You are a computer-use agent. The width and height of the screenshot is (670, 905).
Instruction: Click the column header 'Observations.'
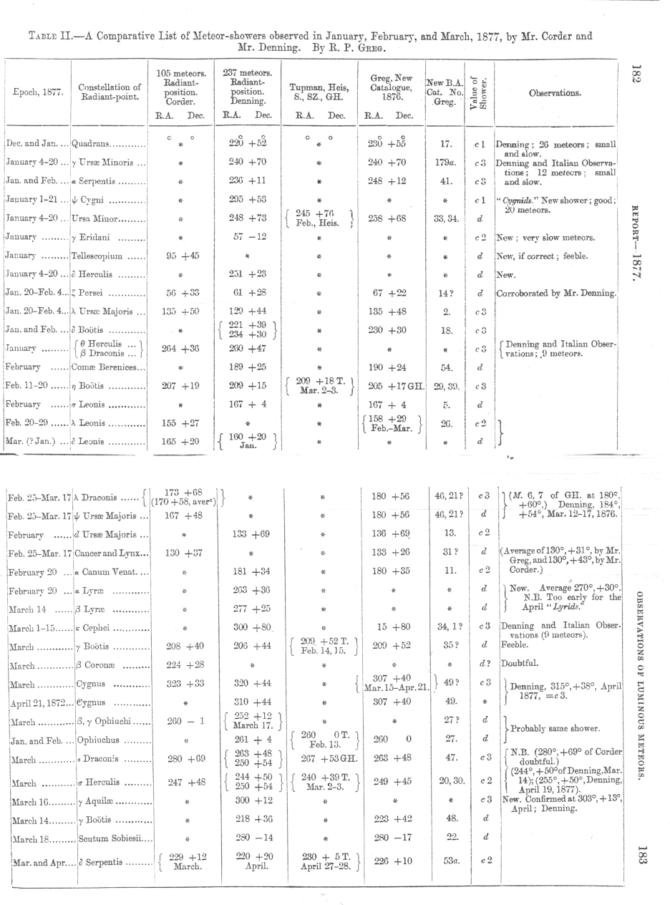coord(555,93)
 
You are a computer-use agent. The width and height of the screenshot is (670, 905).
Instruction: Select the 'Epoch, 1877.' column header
coord(37,93)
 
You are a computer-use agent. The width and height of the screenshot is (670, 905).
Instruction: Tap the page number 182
coord(637,74)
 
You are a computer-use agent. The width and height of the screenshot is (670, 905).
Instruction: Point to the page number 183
coord(641,858)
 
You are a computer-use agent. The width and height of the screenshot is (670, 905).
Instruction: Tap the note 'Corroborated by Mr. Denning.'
coord(556,293)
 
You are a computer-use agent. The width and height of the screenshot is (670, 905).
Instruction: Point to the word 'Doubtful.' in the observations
coord(520,664)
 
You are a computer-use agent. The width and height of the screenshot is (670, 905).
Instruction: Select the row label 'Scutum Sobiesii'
coord(114,836)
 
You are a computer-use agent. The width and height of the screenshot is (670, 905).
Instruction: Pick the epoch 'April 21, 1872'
coord(38,703)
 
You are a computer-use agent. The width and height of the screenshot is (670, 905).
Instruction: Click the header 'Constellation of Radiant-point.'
coord(109,93)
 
